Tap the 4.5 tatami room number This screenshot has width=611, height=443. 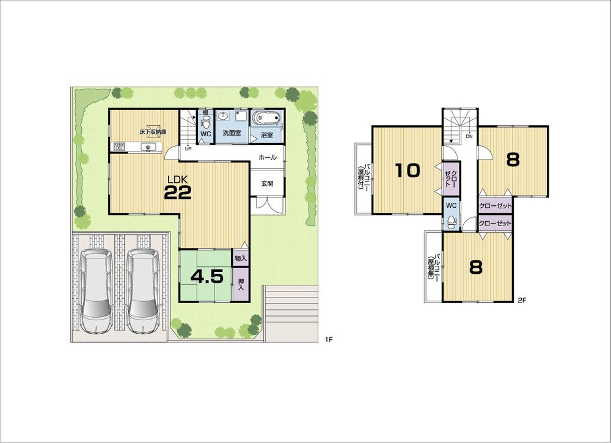click(206, 277)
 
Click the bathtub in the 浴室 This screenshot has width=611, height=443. click(266, 118)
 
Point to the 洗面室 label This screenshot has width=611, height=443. click(232, 133)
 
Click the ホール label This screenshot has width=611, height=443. click(268, 158)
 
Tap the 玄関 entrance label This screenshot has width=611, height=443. click(268, 183)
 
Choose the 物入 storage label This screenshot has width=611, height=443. click(241, 258)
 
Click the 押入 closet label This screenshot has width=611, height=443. click(241, 284)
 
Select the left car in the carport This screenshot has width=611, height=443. click(95, 291)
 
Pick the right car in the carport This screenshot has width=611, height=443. click(142, 291)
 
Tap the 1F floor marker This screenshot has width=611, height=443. click(329, 340)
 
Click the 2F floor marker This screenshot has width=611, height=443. click(522, 300)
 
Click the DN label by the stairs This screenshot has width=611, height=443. click(469, 136)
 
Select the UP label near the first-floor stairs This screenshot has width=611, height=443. click(187, 148)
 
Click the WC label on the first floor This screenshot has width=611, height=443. click(206, 133)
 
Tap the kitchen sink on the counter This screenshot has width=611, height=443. click(148, 147)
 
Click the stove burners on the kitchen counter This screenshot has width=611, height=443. click(119, 147)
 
